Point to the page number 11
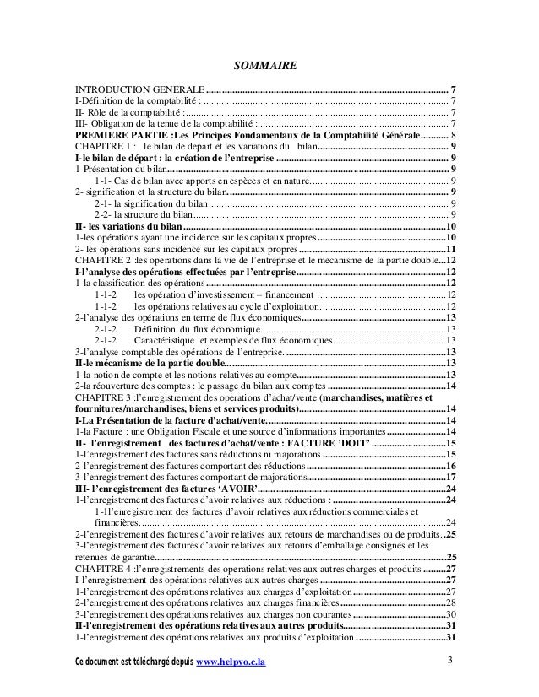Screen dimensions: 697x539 tap(451, 250)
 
